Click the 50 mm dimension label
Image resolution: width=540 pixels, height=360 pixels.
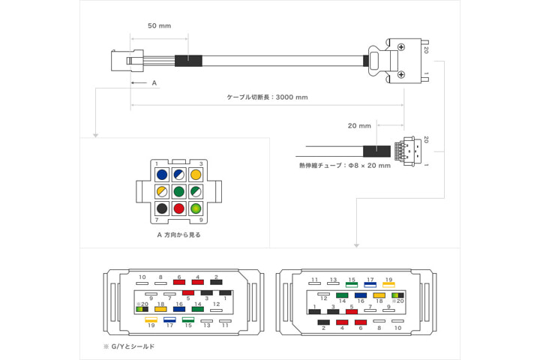[x=159, y=26]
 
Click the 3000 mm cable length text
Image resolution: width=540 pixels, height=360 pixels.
[x=267, y=97]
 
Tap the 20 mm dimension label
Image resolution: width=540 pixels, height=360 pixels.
[x=360, y=125]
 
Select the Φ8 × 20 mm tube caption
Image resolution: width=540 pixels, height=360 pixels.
[x=345, y=166]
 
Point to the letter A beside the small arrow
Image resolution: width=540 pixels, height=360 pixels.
[x=154, y=82]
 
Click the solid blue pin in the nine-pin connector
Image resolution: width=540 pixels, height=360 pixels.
[x=161, y=175]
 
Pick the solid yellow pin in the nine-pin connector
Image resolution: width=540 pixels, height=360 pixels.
[x=196, y=175]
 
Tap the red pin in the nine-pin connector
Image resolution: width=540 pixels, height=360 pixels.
[x=178, y=208]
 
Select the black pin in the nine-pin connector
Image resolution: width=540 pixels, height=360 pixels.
[x=161, y=208]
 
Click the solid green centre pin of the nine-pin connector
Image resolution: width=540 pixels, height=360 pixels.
[x=178, y=191]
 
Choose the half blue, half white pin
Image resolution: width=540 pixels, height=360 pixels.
[x=178, y=175]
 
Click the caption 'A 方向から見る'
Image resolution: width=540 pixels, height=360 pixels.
[x=178, y=235]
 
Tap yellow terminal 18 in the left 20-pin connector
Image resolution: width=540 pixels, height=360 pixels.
[x=160, y=309]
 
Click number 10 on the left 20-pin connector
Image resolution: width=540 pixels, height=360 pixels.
[x=142, y=277]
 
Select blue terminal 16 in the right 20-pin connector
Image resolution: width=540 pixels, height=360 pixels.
[x=361, y=295]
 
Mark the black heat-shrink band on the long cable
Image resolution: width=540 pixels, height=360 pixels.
[x=188, y=61]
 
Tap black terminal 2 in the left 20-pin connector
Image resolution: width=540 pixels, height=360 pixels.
[x=215, y=283]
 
